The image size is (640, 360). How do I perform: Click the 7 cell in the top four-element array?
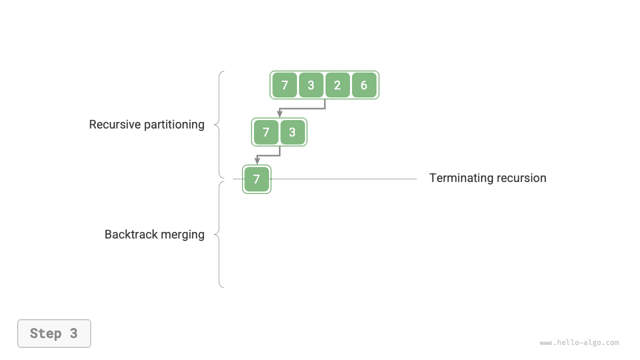click(284, 85)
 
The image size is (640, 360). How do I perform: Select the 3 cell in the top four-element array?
click(311, 85)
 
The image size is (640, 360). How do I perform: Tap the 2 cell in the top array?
click(337, 85)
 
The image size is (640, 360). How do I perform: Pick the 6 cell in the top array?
click(364, 85)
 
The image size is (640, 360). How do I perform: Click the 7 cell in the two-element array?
click(266, 132)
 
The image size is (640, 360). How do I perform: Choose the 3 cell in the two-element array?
click(292, 132)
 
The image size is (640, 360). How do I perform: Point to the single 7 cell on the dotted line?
click(256, 179)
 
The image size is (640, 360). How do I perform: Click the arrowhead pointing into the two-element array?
click(280, 114)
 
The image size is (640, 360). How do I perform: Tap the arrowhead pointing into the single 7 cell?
click(257, 161)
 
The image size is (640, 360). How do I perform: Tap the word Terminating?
click(459, 178)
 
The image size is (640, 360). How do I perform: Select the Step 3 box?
click(54, 333)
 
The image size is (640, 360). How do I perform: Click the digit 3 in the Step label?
click(73, 333)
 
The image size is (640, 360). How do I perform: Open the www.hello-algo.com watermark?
click(579, 342)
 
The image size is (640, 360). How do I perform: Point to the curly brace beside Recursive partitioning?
click(218, 124)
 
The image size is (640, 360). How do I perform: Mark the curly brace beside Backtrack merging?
click(218, 234)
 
